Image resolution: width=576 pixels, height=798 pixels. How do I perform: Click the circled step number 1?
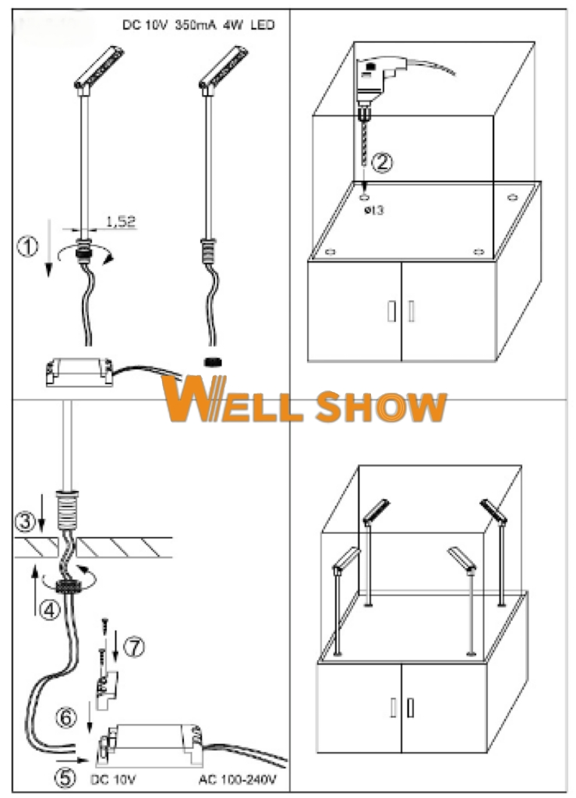pos(27,247)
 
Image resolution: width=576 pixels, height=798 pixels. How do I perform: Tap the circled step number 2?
pos(382,163)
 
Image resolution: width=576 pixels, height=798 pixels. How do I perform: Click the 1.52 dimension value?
pos(120,221)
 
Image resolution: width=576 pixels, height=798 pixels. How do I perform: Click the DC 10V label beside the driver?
pos(109,778)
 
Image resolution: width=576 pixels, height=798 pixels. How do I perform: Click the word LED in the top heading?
pos(262,25)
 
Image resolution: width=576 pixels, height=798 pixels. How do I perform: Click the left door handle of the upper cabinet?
pos(391,310)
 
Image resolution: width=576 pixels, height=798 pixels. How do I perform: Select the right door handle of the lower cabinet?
pos(410,708)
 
